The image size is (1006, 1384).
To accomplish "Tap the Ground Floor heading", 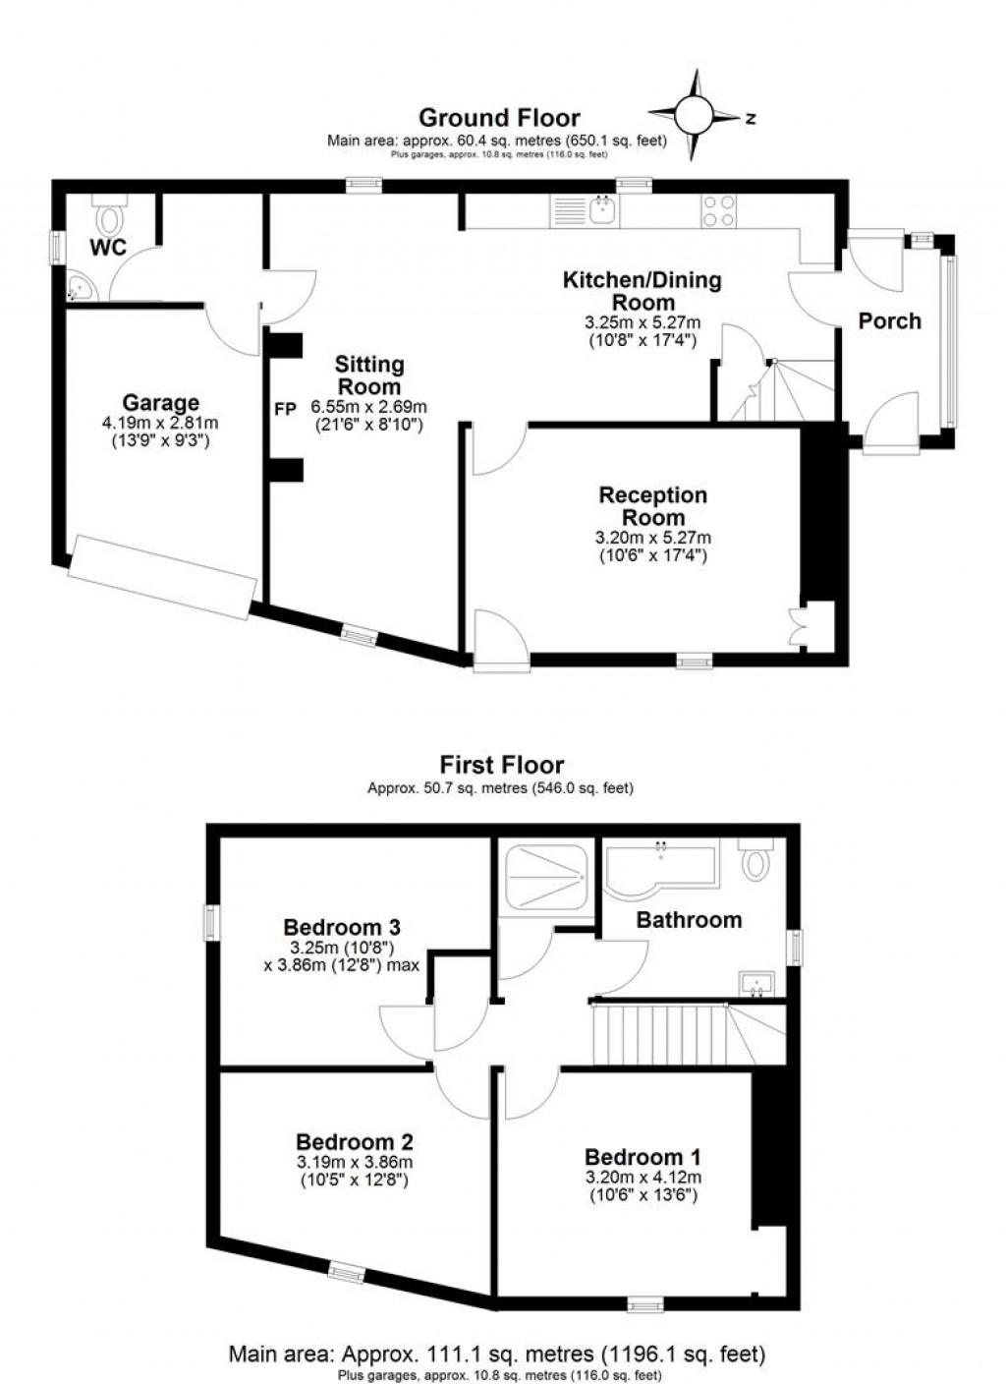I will click(499, 118).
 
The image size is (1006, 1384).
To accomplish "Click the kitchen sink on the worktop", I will click(600, 209).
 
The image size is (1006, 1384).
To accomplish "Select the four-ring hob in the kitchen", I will click(718, 210).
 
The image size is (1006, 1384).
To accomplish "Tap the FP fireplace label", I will click(284, 409).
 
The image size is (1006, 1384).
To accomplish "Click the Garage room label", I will click(160, 402).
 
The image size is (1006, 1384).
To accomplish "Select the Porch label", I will click(889, 320).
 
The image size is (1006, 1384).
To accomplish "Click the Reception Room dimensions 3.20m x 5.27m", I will click(653, 538).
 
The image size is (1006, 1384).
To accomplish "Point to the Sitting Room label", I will click(369, 375).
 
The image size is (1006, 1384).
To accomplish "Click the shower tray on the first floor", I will click(544, 877).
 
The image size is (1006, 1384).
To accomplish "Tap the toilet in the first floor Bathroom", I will click(755, 860).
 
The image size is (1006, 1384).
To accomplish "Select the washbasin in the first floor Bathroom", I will click(756, 983).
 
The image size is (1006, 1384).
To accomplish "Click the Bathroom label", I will click(689, 920).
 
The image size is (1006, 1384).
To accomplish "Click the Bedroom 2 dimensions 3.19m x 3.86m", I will click(354, 1162).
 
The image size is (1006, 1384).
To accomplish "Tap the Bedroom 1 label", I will click(643, 1157).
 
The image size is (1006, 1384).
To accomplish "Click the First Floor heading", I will click(501, 765).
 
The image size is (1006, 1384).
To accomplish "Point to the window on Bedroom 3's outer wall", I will click(210, 921).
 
